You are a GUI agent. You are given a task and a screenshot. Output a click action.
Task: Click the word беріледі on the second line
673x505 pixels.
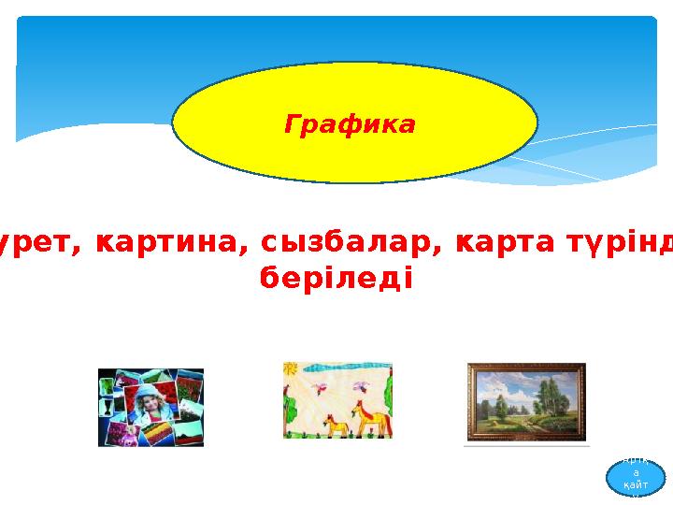(333, 279)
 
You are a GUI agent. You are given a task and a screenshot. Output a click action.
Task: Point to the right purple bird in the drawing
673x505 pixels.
(358, 385)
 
